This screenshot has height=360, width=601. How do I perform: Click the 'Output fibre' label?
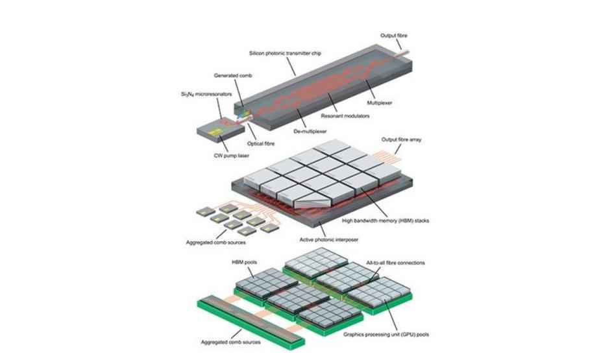click(x=394, y=36)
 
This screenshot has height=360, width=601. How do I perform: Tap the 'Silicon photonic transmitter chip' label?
click(x=285, y=53)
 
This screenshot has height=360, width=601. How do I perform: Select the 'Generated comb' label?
click(x=233, y=75)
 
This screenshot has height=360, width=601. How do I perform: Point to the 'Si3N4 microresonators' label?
click(x=206, y=94)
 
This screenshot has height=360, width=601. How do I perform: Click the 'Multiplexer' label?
click(x=380, y=102)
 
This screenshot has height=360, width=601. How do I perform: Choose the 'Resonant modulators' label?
click(x=345, y=115)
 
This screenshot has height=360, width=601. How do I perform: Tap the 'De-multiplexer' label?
click(x=310, y=132)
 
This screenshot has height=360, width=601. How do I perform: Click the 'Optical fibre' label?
click(x=261, y=143)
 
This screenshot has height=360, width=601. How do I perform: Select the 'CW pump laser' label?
click(x=231, y=156)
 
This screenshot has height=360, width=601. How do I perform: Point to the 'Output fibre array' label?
click(x=401, y=139)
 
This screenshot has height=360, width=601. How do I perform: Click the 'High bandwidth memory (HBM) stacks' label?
click(x=386, y=221)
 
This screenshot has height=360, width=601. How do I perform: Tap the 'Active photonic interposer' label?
click(x=329, y=240)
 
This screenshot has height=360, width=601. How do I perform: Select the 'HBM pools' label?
click(x=244, y=262)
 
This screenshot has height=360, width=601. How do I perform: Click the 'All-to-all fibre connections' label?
click(x=395, y=263)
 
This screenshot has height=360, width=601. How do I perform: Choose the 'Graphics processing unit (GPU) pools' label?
click(x=386, y=334)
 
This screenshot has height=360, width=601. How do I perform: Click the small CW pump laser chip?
click(x=221, y=132)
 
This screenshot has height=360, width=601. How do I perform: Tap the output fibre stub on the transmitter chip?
click(x=404, y=54)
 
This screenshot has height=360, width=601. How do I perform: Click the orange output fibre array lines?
click(x=387, y=156)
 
